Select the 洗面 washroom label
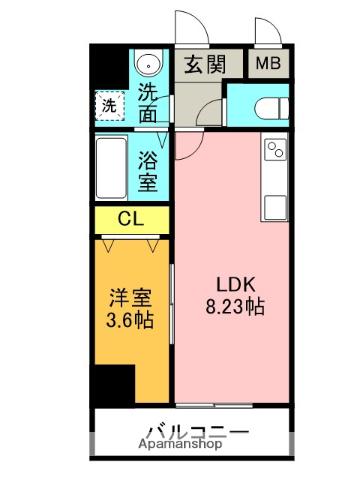click(148, 103)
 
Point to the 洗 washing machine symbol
click(106, 103)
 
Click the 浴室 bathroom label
click(148, 171)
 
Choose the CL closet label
click(130, 219)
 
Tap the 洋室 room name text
click(130, 299)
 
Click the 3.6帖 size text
click(130, 321)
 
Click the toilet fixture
click(263, 108)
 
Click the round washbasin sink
click(149, 63)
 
